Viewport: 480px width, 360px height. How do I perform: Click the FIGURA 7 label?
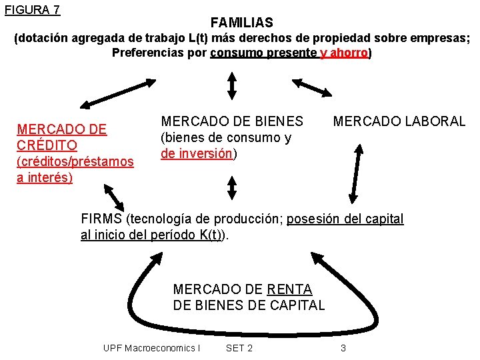(31, 9)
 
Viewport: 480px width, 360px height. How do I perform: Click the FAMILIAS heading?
(241, 23)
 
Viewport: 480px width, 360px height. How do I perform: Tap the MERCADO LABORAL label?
(399, 121)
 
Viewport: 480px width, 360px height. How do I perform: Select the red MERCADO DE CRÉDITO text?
(61, 137)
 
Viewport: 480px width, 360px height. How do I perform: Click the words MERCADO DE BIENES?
(232, 121)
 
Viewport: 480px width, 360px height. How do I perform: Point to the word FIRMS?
(101, 219)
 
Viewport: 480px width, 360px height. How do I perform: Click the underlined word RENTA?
(289, 289)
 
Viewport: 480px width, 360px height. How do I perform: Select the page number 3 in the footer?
(343, 348)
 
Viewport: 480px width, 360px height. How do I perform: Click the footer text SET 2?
(239, 348)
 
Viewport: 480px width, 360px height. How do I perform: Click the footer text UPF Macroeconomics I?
(151, 348)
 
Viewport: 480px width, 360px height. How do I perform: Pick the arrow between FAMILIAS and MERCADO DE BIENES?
(232, 85)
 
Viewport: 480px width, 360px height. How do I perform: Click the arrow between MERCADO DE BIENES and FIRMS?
(232, 187)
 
